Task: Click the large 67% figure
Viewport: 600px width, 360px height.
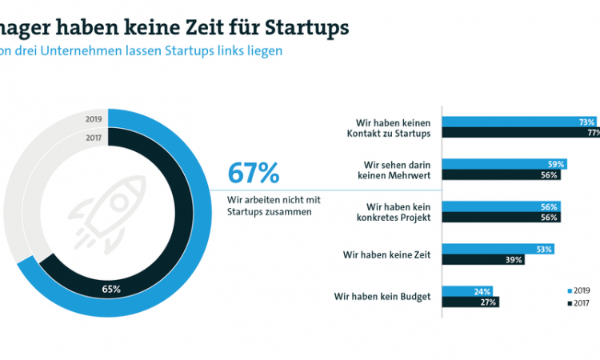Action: coord(254,173)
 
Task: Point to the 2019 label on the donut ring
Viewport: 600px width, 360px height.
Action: coord(94,120)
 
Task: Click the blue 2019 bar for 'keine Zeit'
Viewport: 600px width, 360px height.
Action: coord(497,250)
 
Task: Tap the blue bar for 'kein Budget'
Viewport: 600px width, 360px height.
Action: coord(467,291)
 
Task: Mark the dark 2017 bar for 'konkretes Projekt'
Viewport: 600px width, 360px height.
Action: coord(499,218)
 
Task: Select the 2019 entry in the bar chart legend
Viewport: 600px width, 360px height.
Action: coord(579,291)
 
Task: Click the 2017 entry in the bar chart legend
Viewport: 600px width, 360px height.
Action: coord(579,302)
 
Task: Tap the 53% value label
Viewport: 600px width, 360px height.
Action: coord(543,250)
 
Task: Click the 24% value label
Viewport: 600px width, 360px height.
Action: coord(483,291)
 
